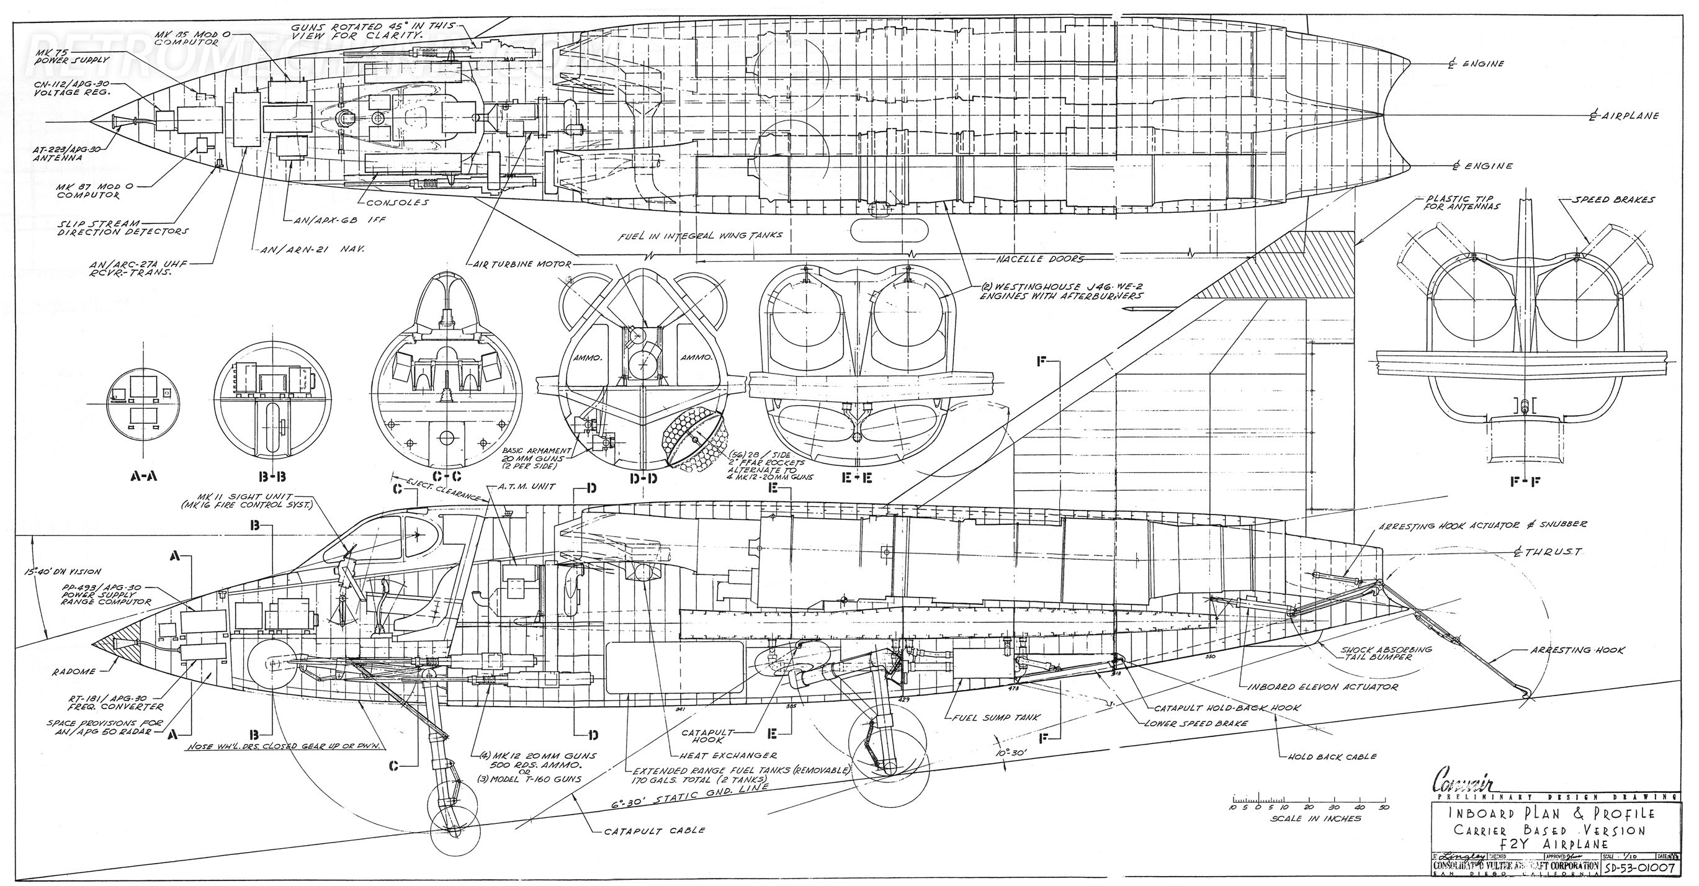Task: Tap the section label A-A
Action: coord(143,475)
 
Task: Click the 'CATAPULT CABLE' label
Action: coord(655,831)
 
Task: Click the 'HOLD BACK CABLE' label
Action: coord(1332,756)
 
